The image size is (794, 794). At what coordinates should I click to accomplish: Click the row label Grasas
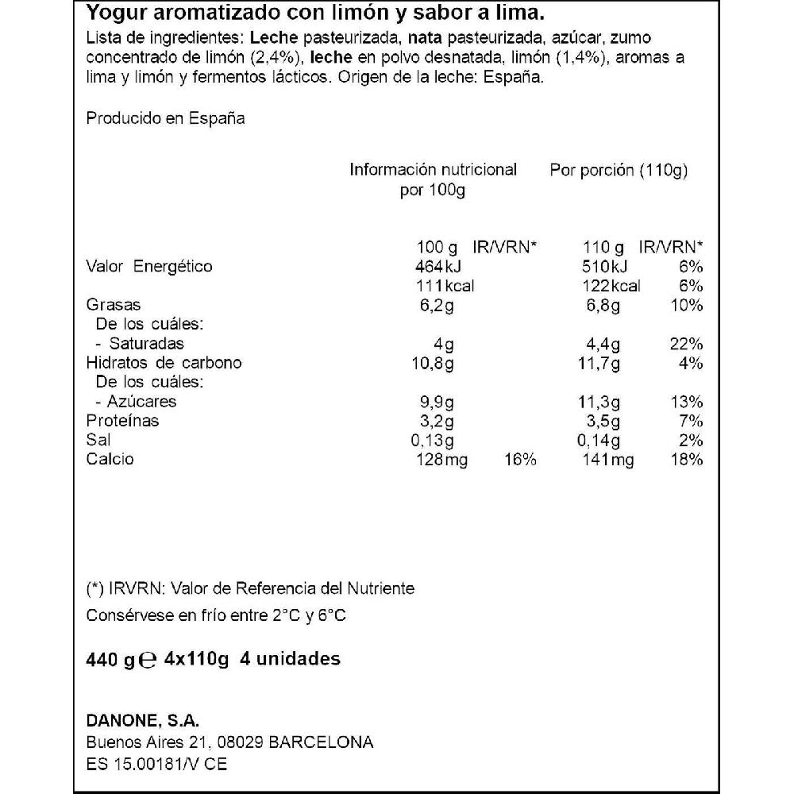click(x=113, y=305)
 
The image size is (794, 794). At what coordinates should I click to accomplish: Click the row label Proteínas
click(x=122, y=421)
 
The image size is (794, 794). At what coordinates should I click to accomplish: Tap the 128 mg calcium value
click(x=441, y=460)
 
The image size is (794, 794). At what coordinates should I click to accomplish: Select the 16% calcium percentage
click(x=520, y=460)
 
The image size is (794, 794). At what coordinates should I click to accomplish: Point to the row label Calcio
click(x=110, y=460)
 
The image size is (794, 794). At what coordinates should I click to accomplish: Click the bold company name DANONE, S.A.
click(x=142, y=721)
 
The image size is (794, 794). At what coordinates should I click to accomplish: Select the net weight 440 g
click(x=110, y=660)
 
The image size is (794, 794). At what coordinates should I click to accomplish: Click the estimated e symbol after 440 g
click(x=147, y=661)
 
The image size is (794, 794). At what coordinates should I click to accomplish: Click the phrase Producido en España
click(x=165, y=118)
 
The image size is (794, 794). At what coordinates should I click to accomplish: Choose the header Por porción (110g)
click(x=619, y=170)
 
